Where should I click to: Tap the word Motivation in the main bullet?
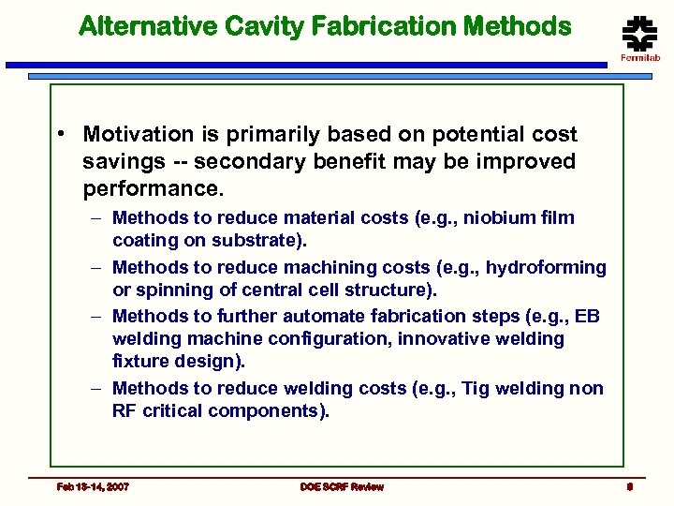point(138,135)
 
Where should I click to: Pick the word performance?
point(152,189)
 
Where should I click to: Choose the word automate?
point(330,316)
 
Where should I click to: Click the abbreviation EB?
point(587,316)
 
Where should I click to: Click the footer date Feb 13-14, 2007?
point(93,486)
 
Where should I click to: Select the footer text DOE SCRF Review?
point(342,486)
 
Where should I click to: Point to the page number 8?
point(631,486)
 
